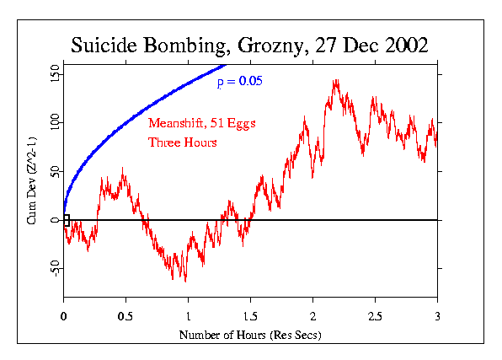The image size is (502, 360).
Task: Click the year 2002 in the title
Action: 403,46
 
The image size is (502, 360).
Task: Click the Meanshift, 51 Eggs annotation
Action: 201,123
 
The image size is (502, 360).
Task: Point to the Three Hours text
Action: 183,142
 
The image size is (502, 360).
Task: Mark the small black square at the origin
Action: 67,220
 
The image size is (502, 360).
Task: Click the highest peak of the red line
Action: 336,81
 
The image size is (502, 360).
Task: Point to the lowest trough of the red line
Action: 184,281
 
